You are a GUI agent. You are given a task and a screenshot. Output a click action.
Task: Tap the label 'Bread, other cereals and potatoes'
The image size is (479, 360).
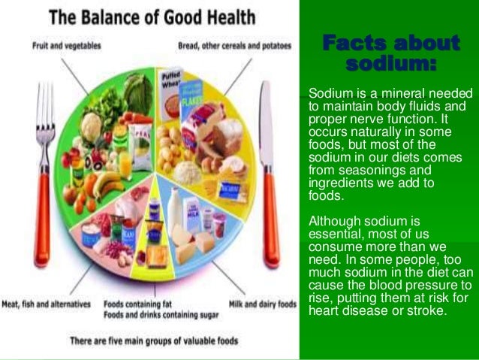pyautogui.click(x=233, y=45)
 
